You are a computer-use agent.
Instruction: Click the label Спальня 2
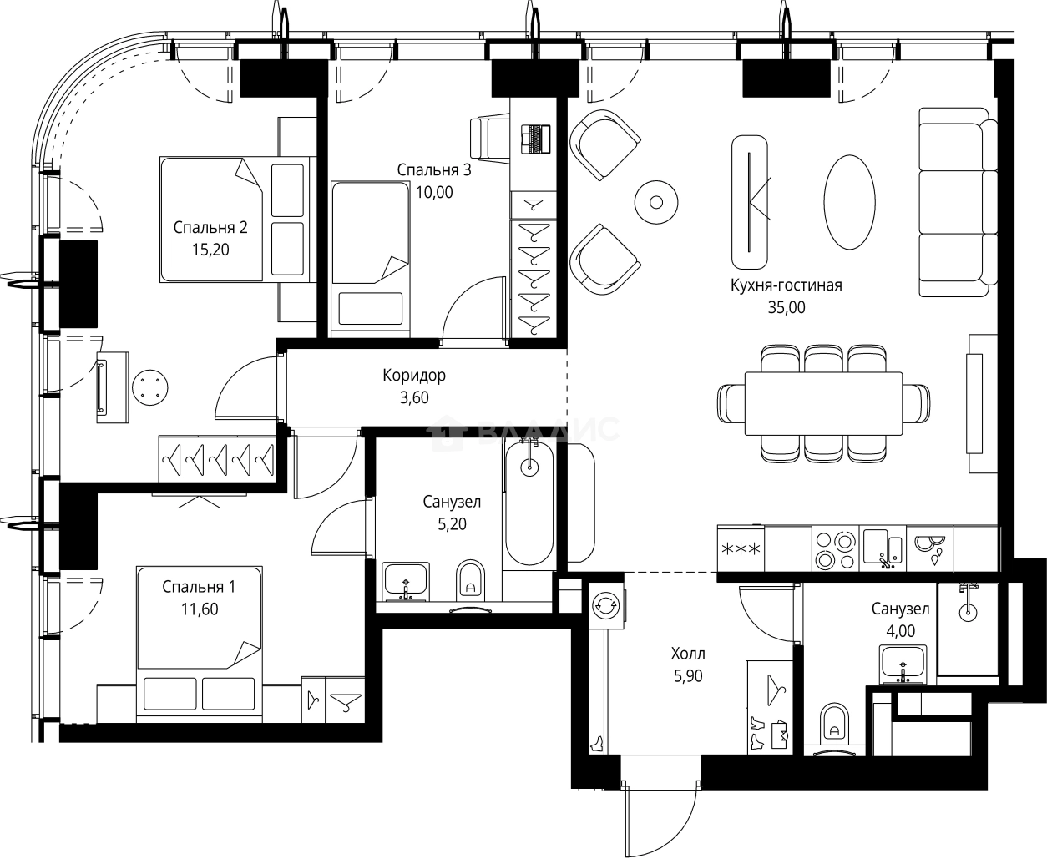point(210,227)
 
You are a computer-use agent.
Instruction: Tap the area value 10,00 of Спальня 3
point(434,192)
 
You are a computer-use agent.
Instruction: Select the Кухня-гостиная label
point(786,285)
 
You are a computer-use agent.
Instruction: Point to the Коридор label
point(414,376)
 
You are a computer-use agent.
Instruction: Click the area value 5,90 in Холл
point(688,676)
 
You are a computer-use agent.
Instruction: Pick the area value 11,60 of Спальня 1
point(199,609)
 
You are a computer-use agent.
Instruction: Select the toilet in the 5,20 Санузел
point(471,579)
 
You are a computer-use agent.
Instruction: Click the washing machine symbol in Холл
point(604,604)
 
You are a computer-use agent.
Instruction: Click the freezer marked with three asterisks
point(740,548)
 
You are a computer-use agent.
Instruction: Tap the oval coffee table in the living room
point(850,201)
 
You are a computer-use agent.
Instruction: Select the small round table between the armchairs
point(655,201)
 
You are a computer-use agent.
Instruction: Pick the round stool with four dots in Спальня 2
point(150,387)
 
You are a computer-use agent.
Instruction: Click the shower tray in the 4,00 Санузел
point(968,628)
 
